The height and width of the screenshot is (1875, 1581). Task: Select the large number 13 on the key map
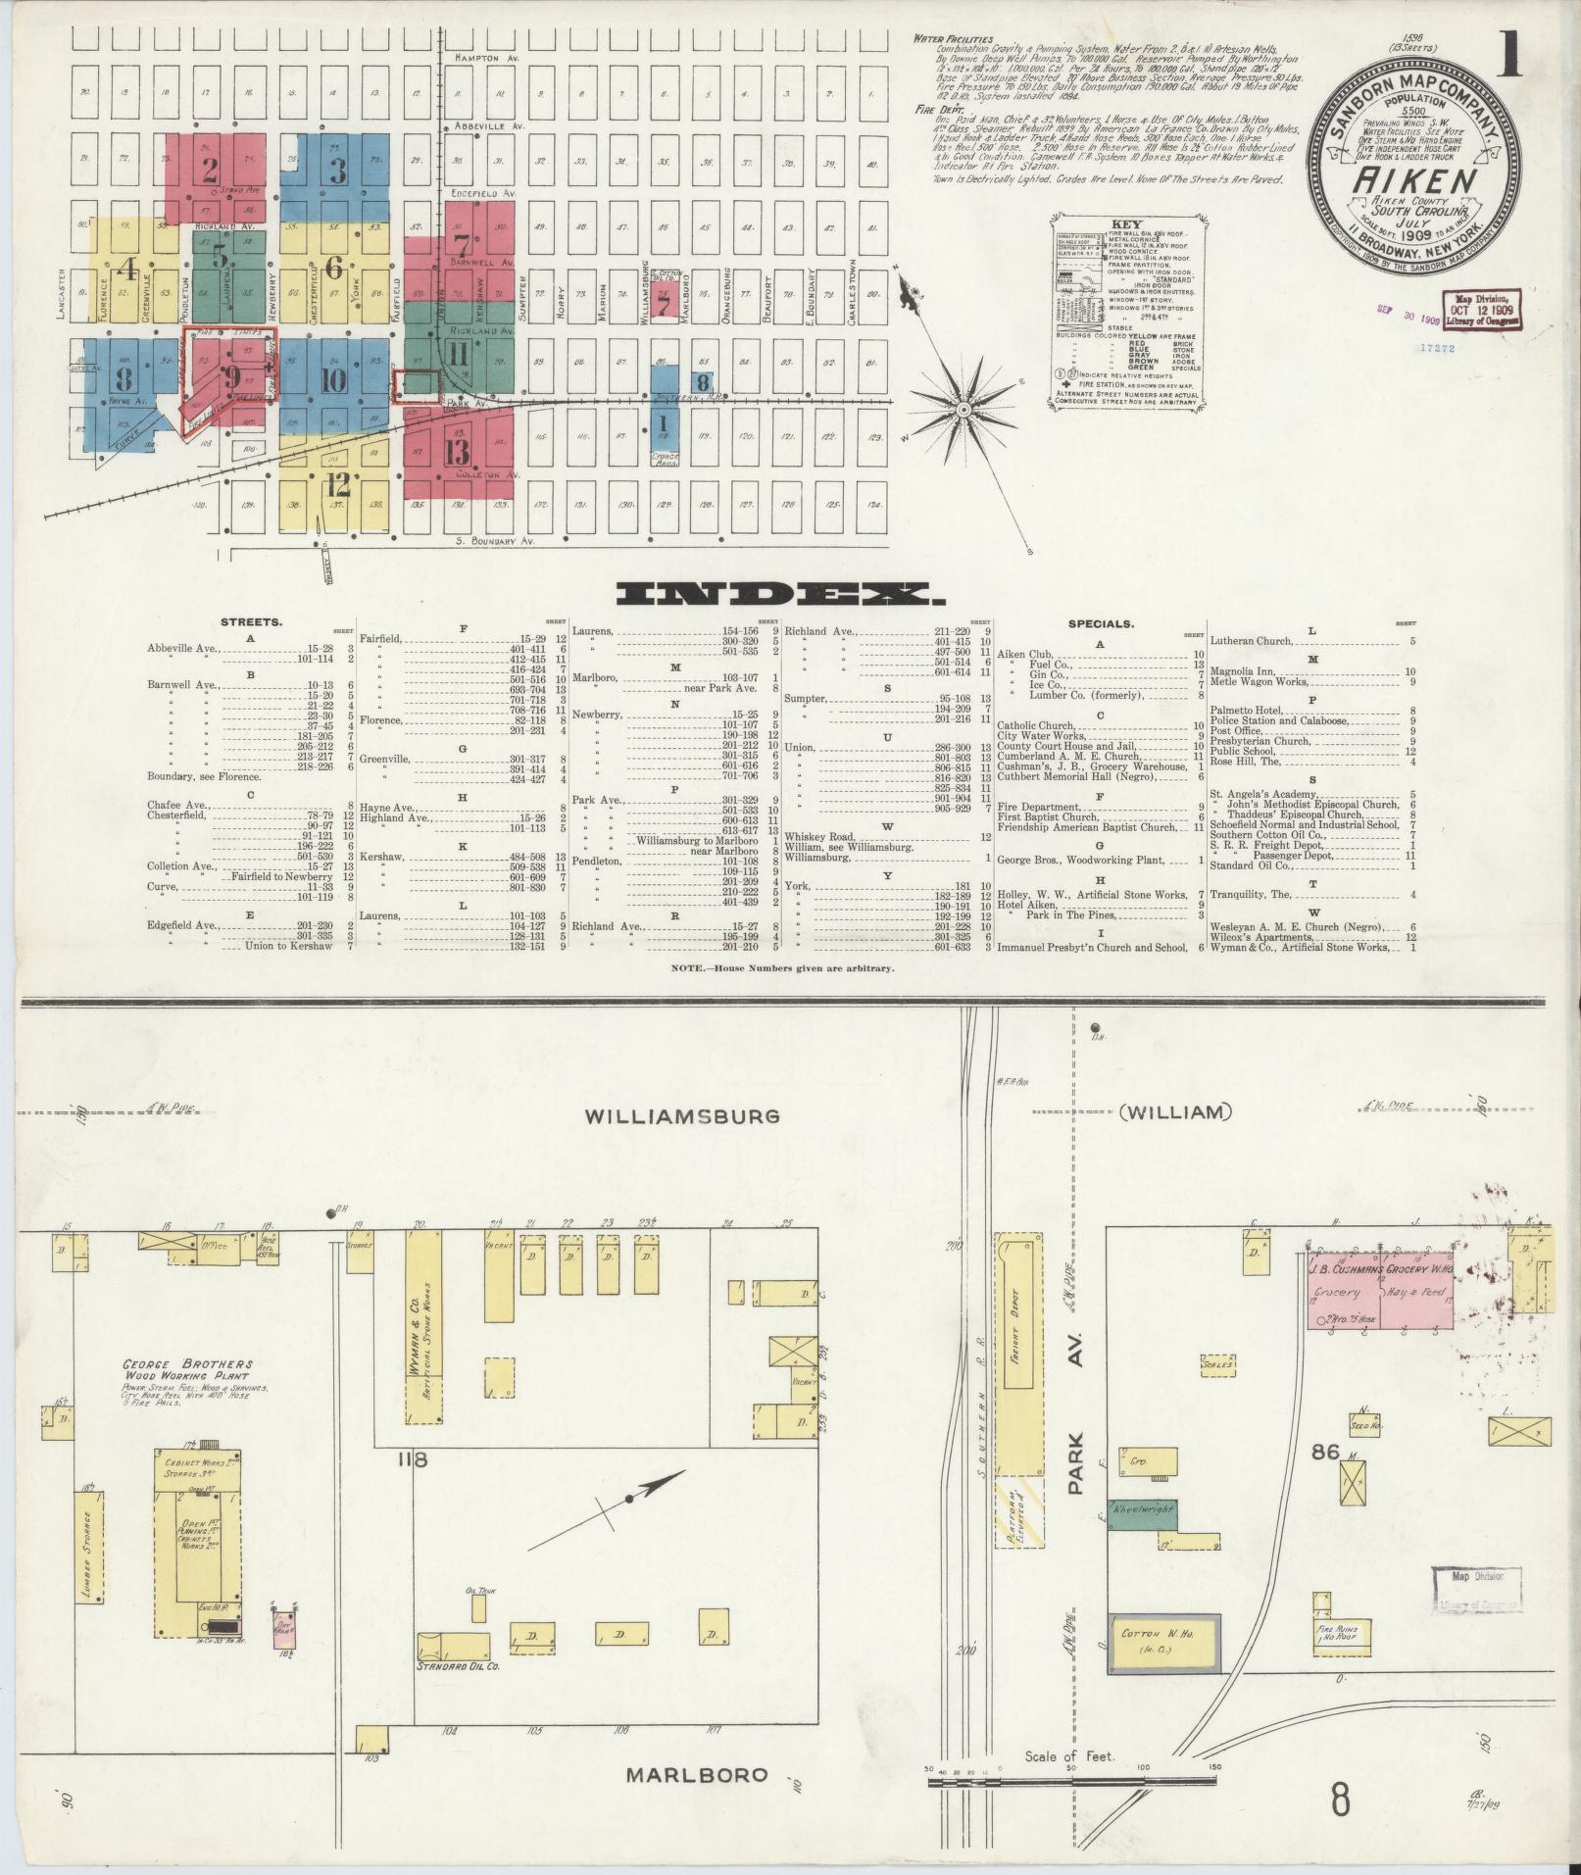point(457,451)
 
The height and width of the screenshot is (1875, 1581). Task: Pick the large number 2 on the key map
point(209,171)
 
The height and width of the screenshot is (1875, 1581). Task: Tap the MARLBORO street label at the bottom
point(696,1775)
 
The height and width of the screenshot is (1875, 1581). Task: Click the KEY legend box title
point(1122,223)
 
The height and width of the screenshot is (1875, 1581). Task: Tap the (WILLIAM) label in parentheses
point(1173,1112)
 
